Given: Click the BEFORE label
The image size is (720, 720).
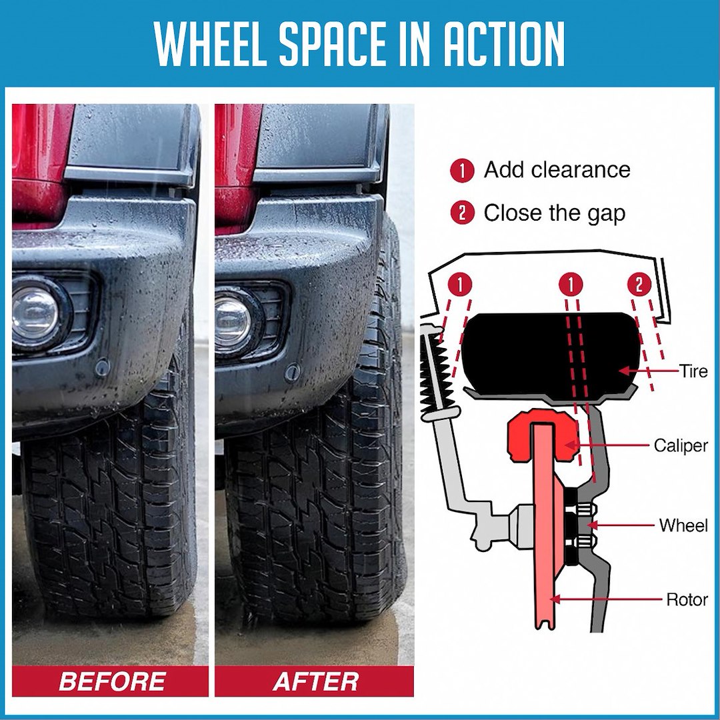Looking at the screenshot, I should tap(112, 681).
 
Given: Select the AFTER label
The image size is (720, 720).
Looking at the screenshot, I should tap(316, 681).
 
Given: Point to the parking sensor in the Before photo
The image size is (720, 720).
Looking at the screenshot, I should tap(102, 367).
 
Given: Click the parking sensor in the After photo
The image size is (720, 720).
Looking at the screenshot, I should tap(292, 373).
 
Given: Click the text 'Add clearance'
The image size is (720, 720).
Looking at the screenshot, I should tap(557, 170).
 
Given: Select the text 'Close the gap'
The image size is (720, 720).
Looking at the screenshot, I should tap(554, 213).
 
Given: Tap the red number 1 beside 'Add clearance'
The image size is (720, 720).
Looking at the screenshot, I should tap(462, 171).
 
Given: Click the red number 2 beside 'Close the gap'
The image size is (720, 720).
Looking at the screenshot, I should tap(462, 214).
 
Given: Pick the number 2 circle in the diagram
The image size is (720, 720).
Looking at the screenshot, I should tap(639, 285).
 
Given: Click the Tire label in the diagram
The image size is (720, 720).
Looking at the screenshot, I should tap(693, 371).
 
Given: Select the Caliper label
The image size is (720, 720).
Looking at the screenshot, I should tap(680, 445).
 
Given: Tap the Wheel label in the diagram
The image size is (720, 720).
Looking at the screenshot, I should tap(683, 525).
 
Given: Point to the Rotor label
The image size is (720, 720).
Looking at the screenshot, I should tap(687, 599).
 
